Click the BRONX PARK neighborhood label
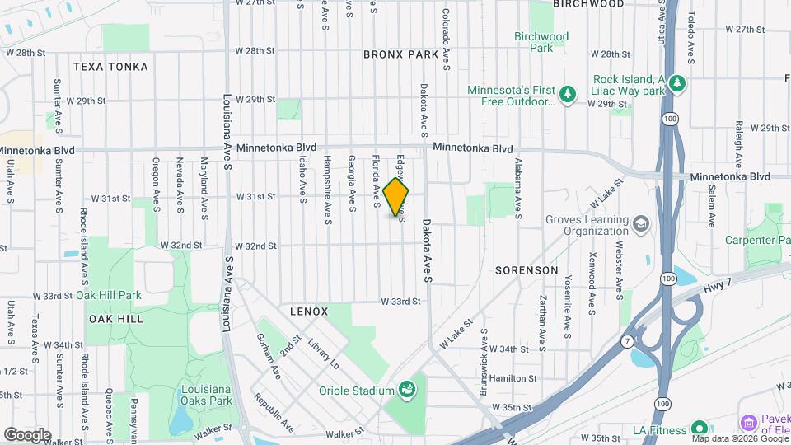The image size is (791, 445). click(x=400, y=54)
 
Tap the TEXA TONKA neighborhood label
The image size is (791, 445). click(x=110, y=66)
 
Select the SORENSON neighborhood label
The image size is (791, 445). click(x=527, y=270)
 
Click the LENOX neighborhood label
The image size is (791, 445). click(x=309, y=311)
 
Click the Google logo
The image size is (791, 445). click(x=27, y=434)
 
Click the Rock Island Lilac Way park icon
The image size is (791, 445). click(x=676, y=82)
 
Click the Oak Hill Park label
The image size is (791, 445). click(x=109, y=295)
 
